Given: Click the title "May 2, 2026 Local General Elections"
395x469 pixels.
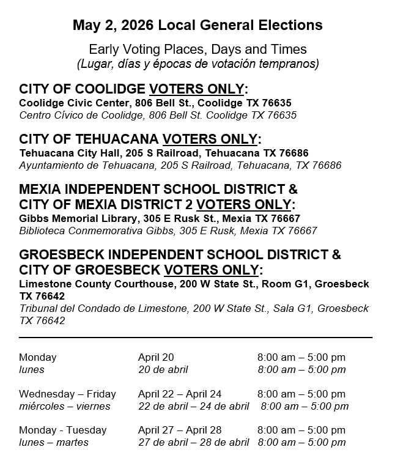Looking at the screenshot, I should coord(197,26).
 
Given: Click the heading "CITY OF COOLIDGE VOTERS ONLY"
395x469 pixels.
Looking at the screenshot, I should coord(138,89).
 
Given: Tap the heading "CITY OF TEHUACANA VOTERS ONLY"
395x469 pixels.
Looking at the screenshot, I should coord(141,139).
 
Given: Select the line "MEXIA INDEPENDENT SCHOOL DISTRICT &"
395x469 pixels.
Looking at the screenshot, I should coord(158,188).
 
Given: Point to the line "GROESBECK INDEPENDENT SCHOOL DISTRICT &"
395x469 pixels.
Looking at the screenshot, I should coord(180,254).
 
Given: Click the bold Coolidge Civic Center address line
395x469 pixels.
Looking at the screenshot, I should coord(155,103).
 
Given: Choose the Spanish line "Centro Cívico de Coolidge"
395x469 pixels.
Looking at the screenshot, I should coord(158,115).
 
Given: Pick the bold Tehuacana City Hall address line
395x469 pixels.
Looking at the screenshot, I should coord(164,153).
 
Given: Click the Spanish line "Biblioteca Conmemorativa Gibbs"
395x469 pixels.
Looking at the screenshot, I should coord(168,231).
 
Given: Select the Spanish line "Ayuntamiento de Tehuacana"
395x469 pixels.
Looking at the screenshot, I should coord(180,165).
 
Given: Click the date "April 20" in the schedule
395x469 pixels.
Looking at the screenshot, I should coord(156,357).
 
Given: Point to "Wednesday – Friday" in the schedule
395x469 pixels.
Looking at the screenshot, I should coord(67,394).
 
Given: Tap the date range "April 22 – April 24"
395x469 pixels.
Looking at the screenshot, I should coord(180,394).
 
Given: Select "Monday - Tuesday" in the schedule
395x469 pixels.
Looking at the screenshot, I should coord(62,430).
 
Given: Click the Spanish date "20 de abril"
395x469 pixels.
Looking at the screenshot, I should coord(163,369).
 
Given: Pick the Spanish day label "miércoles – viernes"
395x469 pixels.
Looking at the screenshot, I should coord(65,406).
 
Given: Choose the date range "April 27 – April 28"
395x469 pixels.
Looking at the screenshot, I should coord(180,430).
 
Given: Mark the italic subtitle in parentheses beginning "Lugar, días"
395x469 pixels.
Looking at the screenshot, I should coord(197,64).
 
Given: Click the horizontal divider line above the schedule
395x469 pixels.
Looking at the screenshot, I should coord(196,337).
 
